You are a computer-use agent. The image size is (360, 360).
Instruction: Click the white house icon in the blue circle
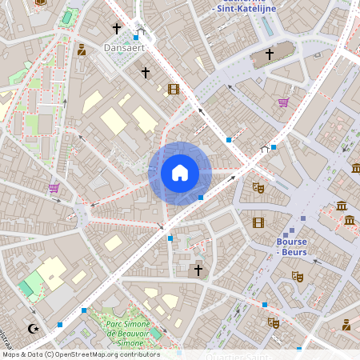(180, 173)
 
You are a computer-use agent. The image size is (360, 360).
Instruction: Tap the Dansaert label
(123, 48)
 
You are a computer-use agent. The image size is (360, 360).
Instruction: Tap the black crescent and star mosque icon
(34, 328)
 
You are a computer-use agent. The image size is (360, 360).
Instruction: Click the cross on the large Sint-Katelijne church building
(270, 54)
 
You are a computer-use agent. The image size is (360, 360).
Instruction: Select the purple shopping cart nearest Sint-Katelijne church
(282, 102)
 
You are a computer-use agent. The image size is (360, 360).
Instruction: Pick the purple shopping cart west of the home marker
(54, 189)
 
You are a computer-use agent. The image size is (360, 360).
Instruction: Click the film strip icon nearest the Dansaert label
(174, 89)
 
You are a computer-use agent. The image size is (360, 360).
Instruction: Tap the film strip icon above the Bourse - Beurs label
(258, 222)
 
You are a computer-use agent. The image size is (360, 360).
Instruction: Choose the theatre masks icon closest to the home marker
(258, 187)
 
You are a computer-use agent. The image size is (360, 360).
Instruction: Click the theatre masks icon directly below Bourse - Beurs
(298, 277)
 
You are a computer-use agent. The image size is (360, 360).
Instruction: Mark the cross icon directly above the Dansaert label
(117, 29)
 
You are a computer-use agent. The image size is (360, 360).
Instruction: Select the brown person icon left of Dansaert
(82, 50)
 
